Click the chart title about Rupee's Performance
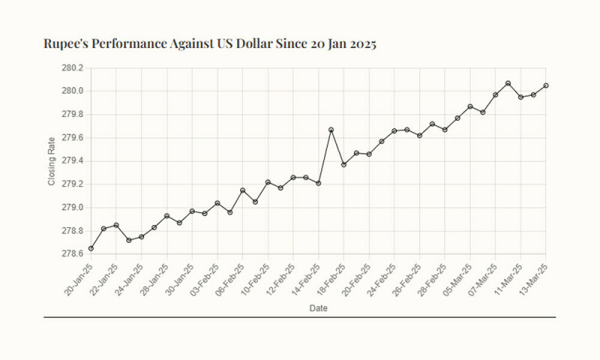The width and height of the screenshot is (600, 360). (x=210, y=43)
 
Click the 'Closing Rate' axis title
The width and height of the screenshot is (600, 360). (x=52, y=160)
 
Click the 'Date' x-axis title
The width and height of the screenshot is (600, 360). (x=317, y=307)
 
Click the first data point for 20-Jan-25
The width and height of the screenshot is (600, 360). (x=91, y=248)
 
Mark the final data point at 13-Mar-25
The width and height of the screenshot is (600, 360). (x=546, y=85)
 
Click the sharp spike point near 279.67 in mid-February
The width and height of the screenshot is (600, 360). (x=331, y=130)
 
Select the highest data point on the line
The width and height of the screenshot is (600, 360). (x=508, y=83)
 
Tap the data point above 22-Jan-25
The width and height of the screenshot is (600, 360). (x=116, y=225)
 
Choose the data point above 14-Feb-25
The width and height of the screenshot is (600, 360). (x=319, y=183)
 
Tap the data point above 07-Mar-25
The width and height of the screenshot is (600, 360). (x=495, y=95)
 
